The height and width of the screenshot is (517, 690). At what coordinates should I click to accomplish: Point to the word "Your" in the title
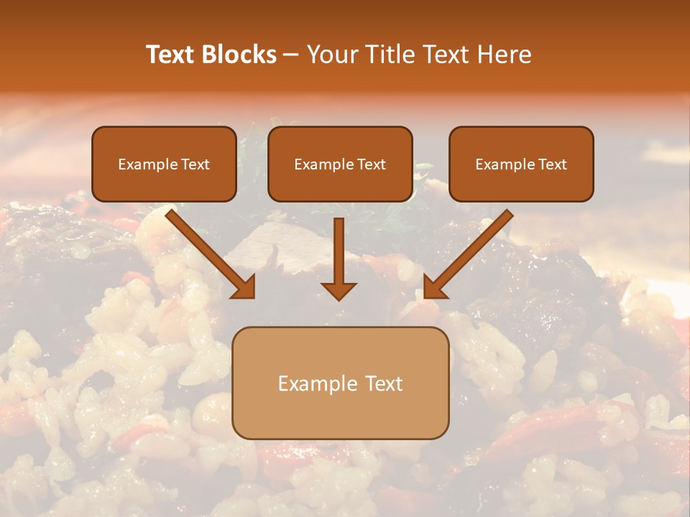point(332,55)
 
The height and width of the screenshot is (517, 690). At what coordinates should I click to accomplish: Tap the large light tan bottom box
point(340,416)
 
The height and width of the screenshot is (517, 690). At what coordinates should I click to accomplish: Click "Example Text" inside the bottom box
point(340,383)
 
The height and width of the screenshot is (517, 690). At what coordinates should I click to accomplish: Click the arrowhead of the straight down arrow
point(339,291)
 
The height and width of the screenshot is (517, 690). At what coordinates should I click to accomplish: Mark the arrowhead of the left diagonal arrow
point(244,287)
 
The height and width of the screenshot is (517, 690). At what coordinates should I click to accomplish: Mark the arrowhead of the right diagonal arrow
point(435,287)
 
